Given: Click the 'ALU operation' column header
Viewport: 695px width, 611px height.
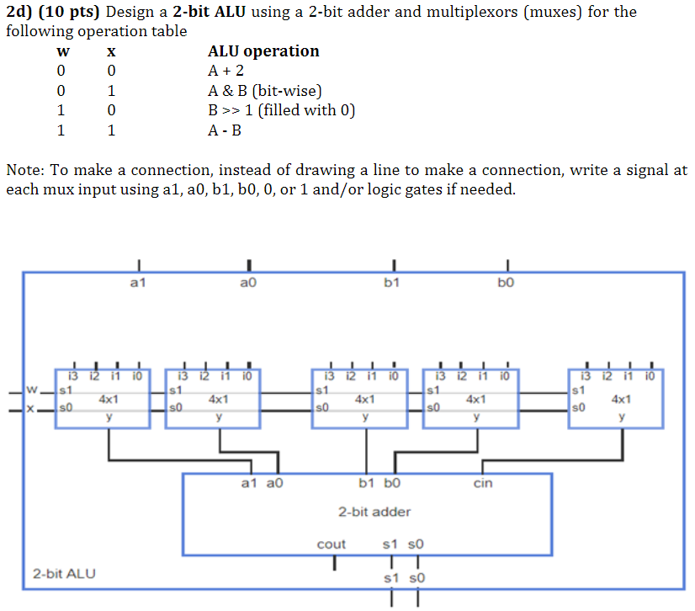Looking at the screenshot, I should (263, 51).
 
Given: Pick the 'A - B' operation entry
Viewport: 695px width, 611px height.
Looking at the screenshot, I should (225, 131).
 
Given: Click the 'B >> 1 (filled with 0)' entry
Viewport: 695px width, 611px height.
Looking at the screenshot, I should (281, 111).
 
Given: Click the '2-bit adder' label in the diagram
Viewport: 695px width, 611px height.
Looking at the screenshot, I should (374, 512).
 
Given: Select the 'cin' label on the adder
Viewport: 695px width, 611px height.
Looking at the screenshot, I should (483, 484).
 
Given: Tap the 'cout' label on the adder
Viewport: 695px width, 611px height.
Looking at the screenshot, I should (331, 545).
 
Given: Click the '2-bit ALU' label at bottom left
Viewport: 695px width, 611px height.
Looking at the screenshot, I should (65, 574).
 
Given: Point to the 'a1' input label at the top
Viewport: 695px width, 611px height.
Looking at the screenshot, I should (139, 284).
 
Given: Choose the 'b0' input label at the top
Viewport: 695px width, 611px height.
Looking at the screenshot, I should (505, 284).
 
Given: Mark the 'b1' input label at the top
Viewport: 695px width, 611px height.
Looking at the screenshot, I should (391, 284).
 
